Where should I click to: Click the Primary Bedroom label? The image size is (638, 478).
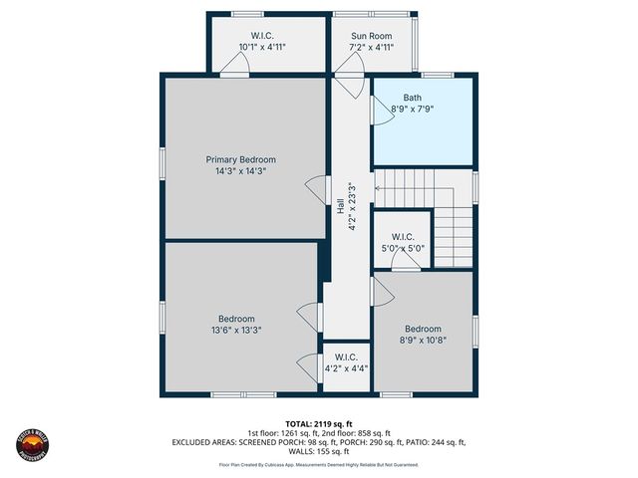click(x=240, y=159)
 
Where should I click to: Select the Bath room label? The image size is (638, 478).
click(x=412, y=98)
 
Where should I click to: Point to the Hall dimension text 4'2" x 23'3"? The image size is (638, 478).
click(x=352, y=207)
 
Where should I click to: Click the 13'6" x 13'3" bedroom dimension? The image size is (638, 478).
click(x=236, y=330)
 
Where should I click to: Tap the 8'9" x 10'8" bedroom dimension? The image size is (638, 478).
click(x=422, y=340)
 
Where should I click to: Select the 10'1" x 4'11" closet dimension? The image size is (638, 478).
click(x=263, y=47)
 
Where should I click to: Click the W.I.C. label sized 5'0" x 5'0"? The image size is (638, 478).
click(x=402, y=237)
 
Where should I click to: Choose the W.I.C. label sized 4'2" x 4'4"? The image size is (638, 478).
click(x=346, y=357)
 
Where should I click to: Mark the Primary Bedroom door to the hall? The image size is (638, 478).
click(x=316, y=189)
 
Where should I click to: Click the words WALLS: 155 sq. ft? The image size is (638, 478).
click(x=318, y=450)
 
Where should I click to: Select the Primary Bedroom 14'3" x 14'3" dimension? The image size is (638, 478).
click(x=240, y=170)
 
